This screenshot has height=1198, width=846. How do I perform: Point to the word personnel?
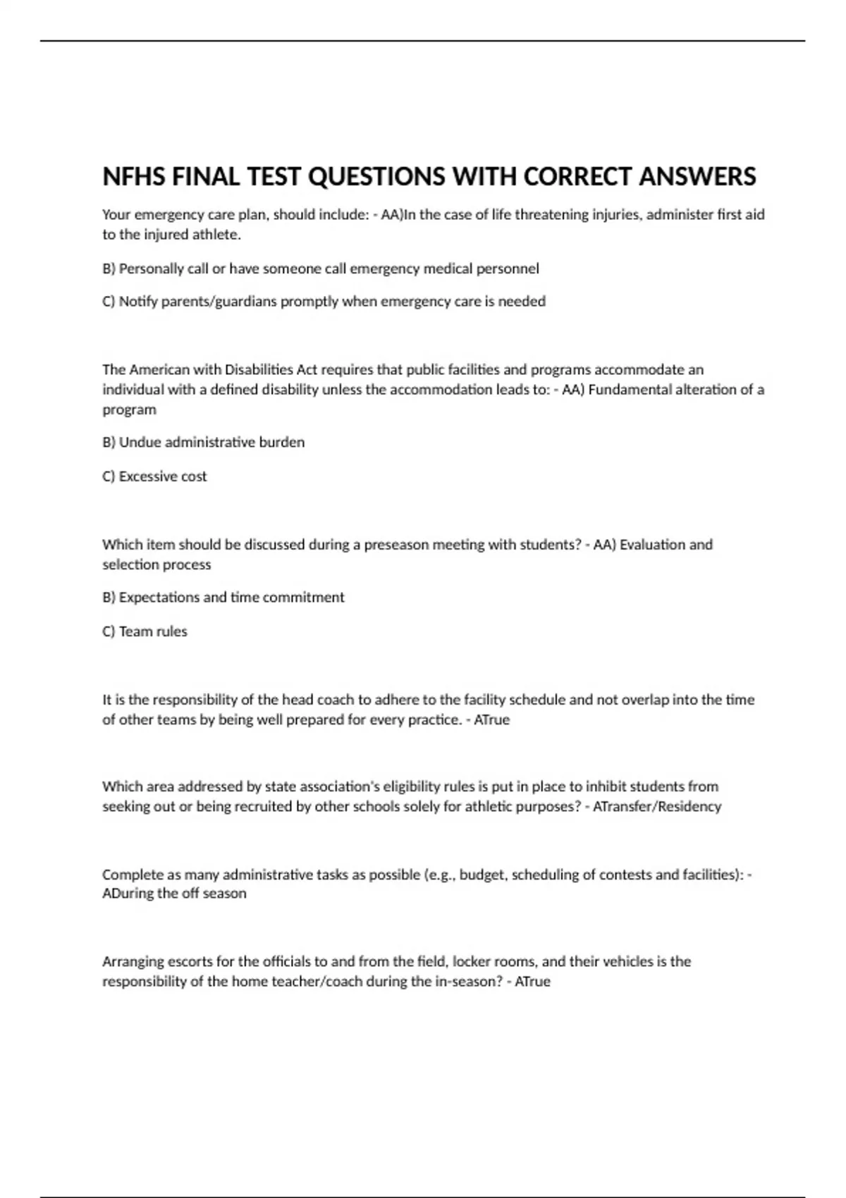pyautogui.click(x=510, y=268)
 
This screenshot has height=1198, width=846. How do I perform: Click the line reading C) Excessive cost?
pyautogui.click(x=154, y=476)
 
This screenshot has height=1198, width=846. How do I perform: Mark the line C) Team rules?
pyautogui.click(x=145, y=631)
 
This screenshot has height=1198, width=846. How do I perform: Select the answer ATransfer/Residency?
pyautogui.click(x=657, y=807)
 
